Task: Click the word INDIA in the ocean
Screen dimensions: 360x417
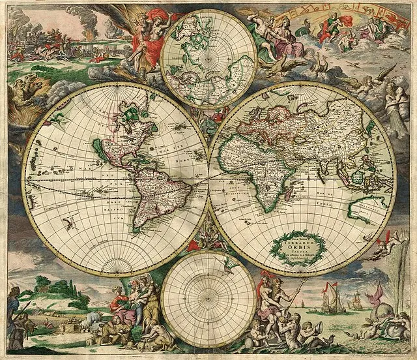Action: pos(326,203)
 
